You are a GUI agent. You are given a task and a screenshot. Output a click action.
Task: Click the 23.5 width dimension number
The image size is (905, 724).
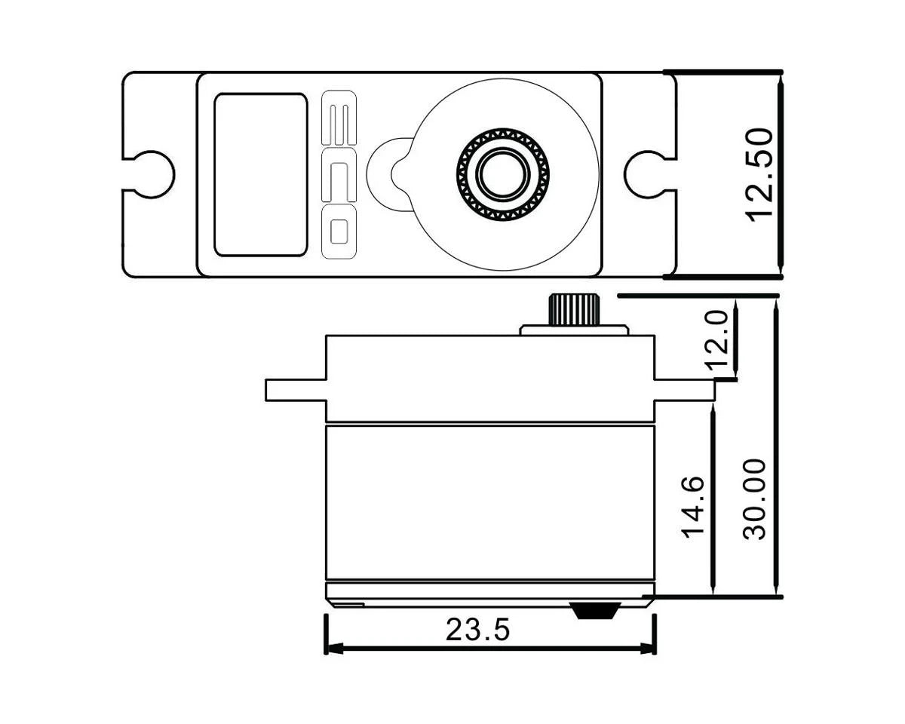(x=477, y=630)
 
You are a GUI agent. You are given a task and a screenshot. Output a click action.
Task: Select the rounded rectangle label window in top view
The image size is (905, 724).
(x=260, y=175)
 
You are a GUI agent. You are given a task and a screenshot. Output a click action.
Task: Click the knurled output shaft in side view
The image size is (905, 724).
(x=574, y=309)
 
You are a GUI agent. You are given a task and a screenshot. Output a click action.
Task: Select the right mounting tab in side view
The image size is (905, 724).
(x=683, y=390)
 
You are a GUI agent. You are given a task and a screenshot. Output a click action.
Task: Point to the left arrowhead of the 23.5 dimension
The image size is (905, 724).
(x=332, y=648)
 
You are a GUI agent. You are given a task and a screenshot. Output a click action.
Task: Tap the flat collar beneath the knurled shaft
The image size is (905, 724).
(x=574, y=330)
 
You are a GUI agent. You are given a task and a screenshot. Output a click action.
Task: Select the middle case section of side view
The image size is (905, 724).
(x=490, y=502)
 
